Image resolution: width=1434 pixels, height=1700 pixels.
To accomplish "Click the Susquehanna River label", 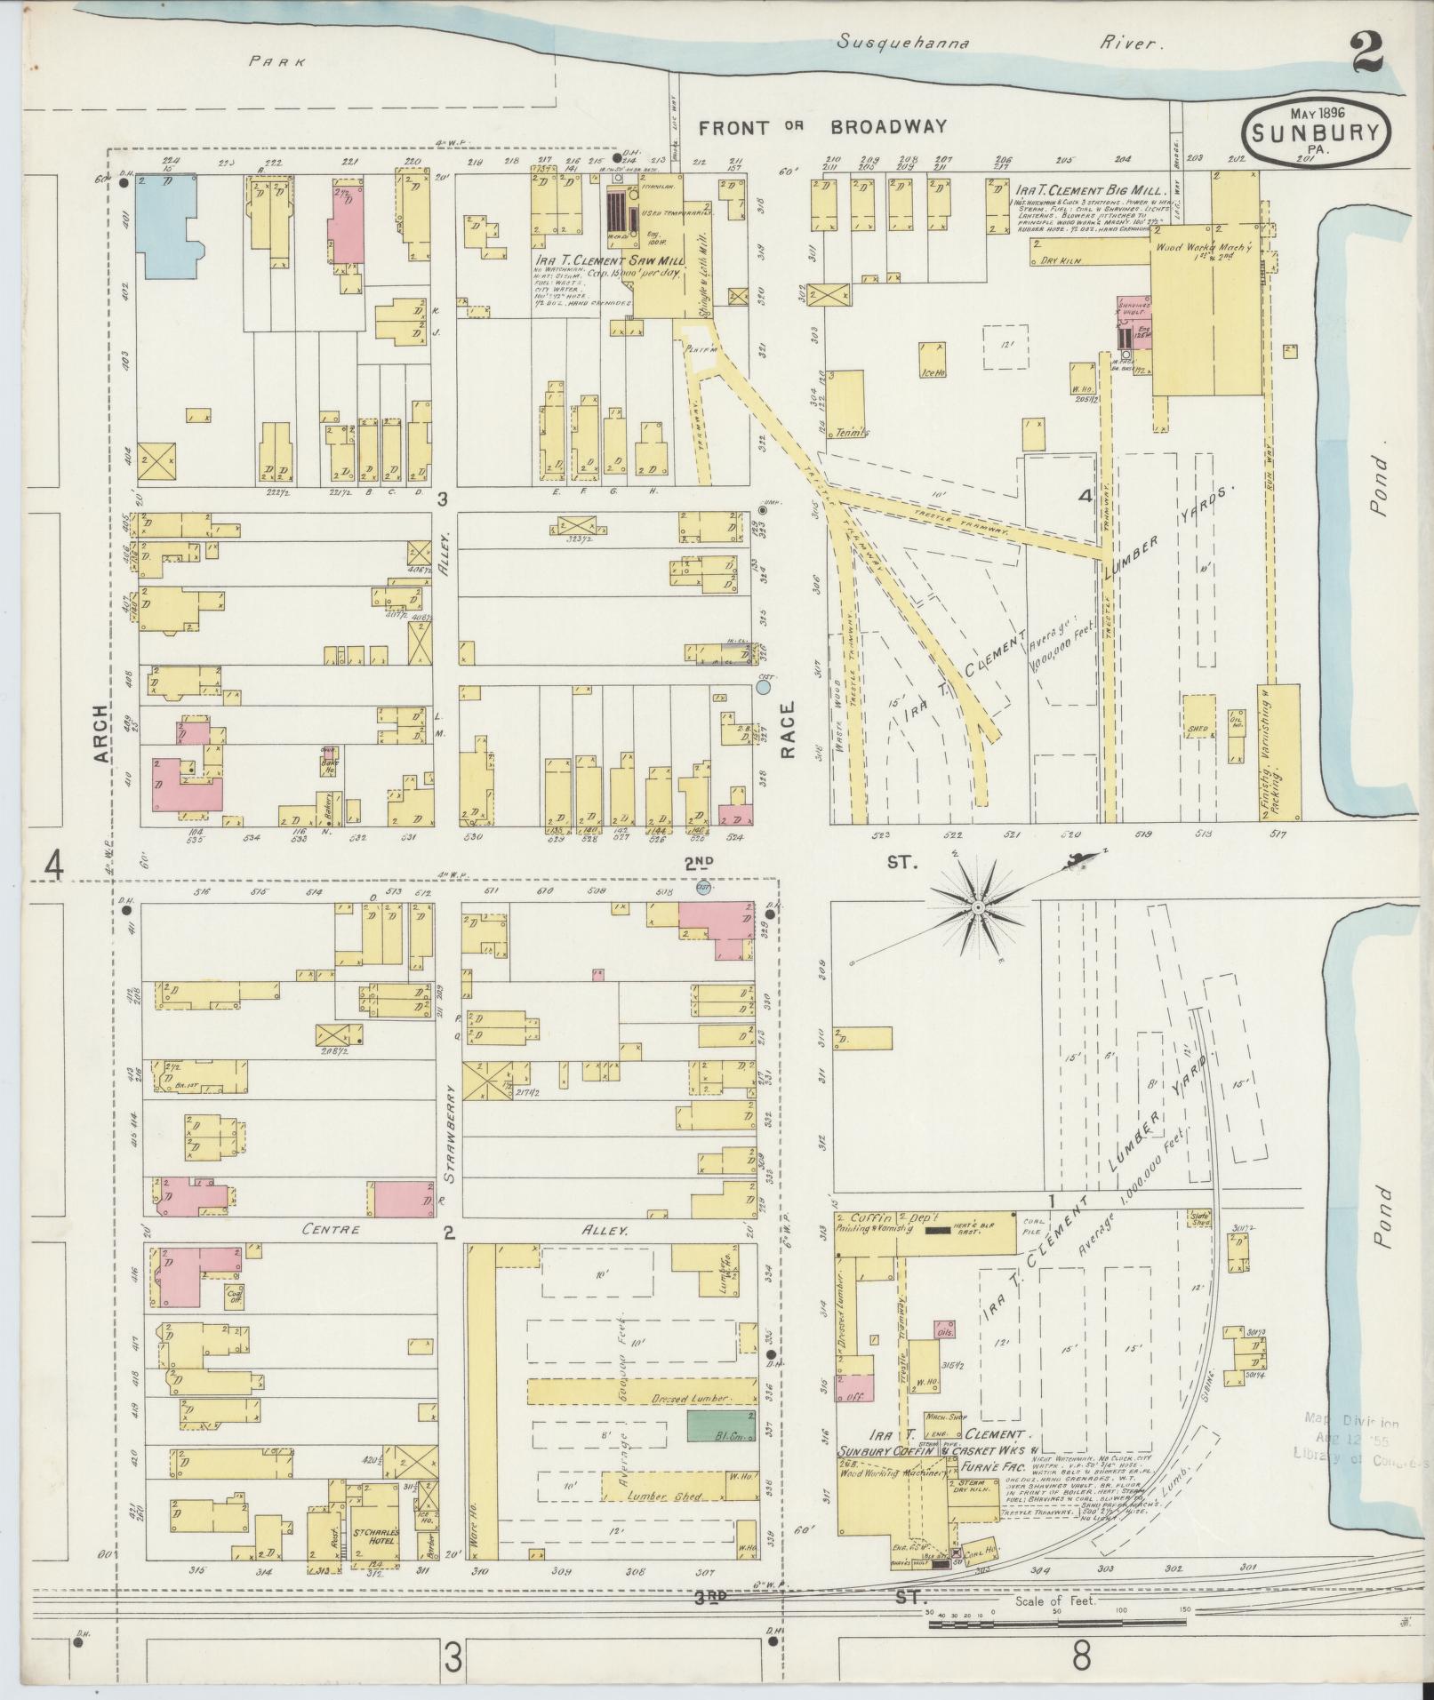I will coord(1000,43).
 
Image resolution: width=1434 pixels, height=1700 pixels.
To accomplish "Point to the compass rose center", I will coord(976,907).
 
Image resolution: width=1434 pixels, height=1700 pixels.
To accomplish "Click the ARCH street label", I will coord(104,733).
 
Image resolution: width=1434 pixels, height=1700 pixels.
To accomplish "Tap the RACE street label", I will coord(787,730).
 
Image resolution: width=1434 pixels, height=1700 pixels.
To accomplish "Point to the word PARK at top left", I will coord(276,62).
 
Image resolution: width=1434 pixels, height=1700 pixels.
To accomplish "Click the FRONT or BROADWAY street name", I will coord(822,127).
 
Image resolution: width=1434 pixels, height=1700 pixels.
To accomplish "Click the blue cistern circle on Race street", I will coord(765,686).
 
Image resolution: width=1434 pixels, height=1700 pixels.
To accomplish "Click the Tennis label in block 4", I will coord(853,433).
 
